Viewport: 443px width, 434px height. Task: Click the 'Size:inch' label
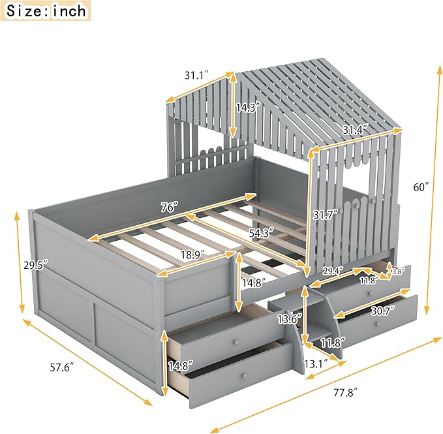tap(46, 10)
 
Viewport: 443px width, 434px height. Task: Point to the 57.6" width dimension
tap(62, 367)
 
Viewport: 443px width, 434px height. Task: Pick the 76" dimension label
tap(170, 208)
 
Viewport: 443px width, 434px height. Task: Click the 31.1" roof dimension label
tap(196, 75)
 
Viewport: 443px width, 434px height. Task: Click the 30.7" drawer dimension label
tap(382, 311)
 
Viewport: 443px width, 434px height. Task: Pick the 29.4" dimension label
tap(333, 271)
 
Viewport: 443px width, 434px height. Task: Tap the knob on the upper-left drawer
tap(234, 342)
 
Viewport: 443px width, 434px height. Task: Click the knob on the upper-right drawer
tap(370, 294)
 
